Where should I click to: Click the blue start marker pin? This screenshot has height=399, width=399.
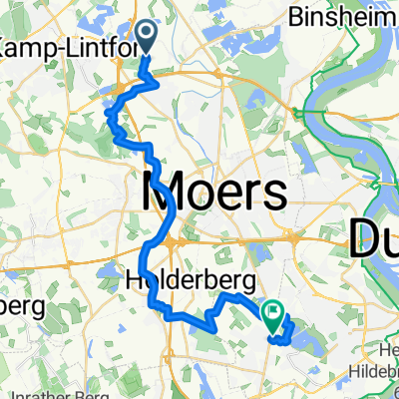[147, 38]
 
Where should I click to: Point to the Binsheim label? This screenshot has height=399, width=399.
[339, 17]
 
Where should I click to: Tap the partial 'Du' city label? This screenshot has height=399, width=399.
[375, 238]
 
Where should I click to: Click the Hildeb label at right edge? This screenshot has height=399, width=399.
[373, 383]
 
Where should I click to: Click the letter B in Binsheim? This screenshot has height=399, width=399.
[292, 17]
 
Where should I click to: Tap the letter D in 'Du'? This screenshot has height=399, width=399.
[363, 238]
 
